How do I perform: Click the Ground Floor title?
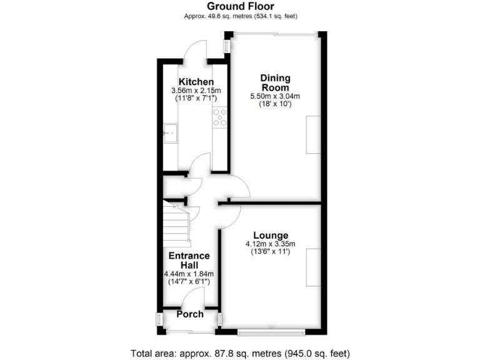pos(240,6)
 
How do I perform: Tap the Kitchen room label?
pos(196,82)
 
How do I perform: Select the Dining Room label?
pos(275,83)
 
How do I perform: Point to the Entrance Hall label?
pos(190,261)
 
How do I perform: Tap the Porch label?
pos(190,314)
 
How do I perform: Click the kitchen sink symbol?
pos(171,132)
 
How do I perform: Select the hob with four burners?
pos(220,117)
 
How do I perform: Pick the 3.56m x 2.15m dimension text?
pos(196,91)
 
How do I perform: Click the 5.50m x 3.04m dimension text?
pos(275,96)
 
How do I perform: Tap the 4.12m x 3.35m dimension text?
pos(270,244)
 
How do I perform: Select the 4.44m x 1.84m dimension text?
pos(190,274)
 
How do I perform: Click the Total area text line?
pos(240,352)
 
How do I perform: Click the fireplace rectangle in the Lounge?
pos(313,267)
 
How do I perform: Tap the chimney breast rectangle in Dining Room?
pos(313,137)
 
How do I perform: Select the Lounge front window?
pos(271,331)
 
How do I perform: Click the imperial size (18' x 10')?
pos(275,104)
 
